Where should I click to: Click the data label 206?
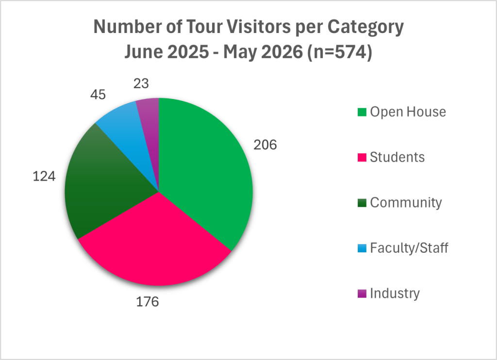[x=265, y=145]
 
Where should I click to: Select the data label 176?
[x=148, y=302]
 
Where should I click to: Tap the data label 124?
[x=44, y=176]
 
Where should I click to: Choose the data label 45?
[x=98, y=95]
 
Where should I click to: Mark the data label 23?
[x=141, y=83]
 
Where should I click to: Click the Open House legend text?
[x=408, y=112]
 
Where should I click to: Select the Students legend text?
[x=397, y=157]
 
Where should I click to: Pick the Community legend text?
[x=406, y=203]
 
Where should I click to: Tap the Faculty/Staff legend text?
[x=409, y=248]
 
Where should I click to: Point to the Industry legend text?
[x=395, y=294]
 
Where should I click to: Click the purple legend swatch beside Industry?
[x=362, y=294]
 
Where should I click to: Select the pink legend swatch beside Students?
[x=362, y=158]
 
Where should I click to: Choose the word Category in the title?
[x=365, y=28]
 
